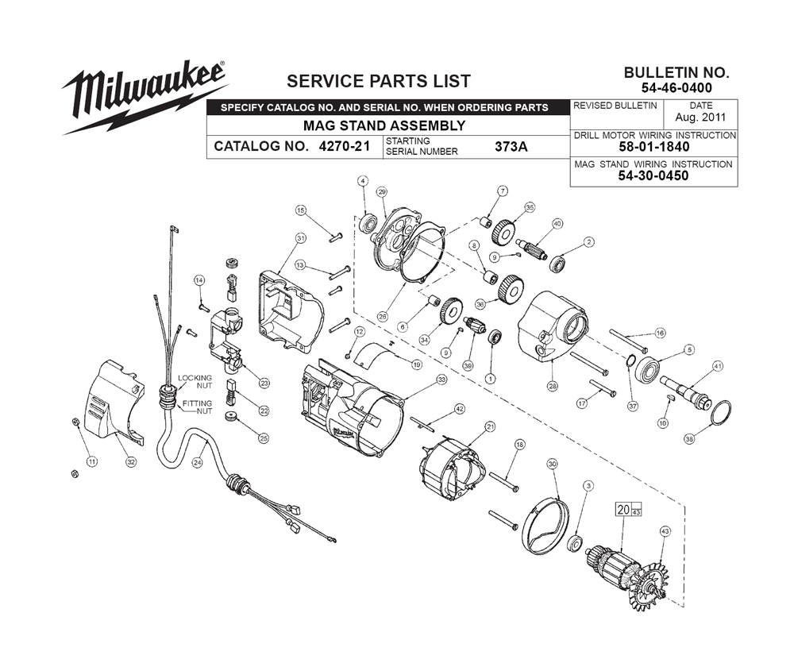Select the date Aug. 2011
[x=701, y=118]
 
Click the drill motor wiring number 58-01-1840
[x=653, y=147]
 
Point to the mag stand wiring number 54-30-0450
[x=653, y=175]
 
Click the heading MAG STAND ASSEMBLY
[x=384, y=125]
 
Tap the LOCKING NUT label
[x=195, y=381]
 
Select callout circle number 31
[x=301, y=238]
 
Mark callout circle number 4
[x=363, y=182]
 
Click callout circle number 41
[x=718, y=366]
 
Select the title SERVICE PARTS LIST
[x=378, y=81]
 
